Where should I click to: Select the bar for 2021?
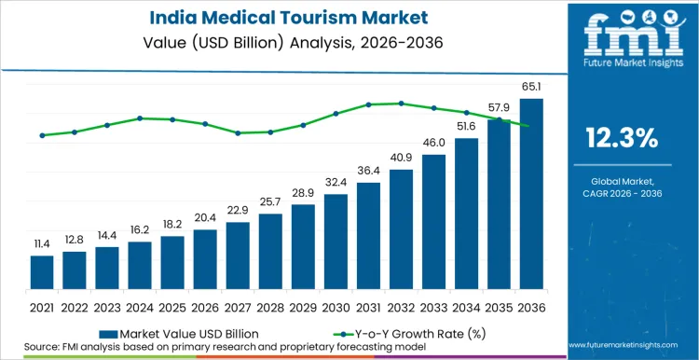42,272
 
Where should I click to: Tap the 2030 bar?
336,242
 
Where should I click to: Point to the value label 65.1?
530,87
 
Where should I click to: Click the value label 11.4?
42,243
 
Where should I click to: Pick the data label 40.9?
401,157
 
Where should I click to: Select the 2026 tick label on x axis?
205,306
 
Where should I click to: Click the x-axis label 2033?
433,306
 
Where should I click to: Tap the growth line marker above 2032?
401,104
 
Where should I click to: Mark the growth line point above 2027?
238,132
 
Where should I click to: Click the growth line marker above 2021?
42,135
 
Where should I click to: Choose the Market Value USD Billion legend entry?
175,332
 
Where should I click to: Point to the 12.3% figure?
622,140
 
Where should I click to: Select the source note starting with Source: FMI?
206,347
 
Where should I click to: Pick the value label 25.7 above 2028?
270,201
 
